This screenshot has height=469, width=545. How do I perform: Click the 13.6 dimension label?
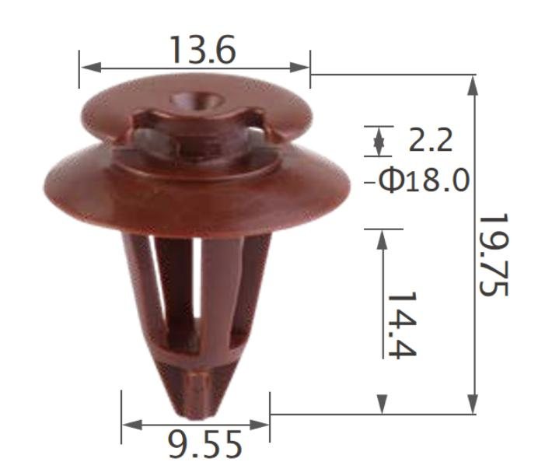click(x=203, y=50)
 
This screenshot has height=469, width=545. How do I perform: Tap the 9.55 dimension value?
click(x=204, y=445)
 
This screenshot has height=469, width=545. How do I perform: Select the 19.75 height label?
click(x=494, y=255)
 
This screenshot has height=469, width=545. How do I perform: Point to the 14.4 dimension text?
click(x=402, y=324)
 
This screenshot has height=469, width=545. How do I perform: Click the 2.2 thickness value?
click(x=431, y=140)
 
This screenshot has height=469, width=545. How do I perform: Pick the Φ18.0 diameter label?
click(x=424, y=180)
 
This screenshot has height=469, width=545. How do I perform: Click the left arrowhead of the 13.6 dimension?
click(x=91, y=68)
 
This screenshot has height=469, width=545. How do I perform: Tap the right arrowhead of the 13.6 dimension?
click(x=299, y=68)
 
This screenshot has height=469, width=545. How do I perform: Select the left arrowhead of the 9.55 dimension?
click(x=132, y=425)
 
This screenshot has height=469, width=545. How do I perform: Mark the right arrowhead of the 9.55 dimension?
click(x=260, y=425)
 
